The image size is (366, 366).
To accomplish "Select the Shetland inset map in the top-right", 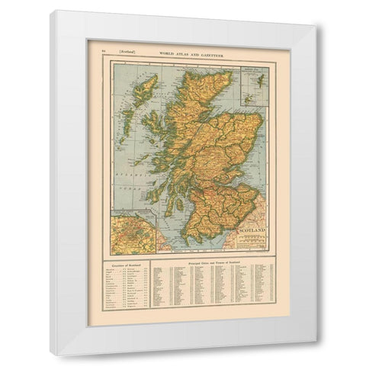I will click(258, 80).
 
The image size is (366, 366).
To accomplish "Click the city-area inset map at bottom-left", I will click(133, 235).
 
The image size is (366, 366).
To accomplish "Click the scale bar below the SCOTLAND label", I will click(252, 239).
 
